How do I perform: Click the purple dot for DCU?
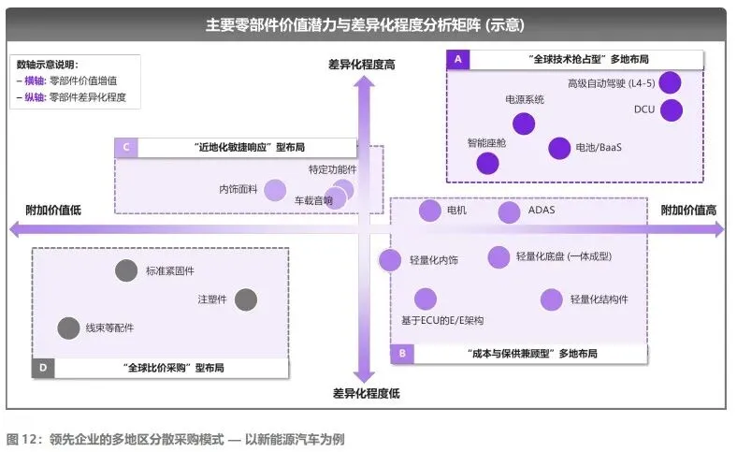(672, 110)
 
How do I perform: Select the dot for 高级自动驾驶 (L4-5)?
(670, 82)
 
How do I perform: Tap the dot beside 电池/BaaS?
(559, 148)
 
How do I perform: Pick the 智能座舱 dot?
(487, 164)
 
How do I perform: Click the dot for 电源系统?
(524, 124)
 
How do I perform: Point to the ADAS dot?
(509, 212)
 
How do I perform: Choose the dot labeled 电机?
(429, 211)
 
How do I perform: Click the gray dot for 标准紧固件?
(126, 271)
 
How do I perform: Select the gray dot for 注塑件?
(245, 299)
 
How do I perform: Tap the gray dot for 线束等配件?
(68, 328)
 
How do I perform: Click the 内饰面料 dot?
(274, 190)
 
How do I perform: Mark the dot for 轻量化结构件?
(552, 299)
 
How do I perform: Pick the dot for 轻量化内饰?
(391, 260)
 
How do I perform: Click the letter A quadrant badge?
(457, 59)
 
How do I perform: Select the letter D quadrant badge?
(42, 368)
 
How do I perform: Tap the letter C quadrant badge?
(125, 147)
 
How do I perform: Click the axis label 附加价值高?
(689, 211)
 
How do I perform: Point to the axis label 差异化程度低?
(366, 393)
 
